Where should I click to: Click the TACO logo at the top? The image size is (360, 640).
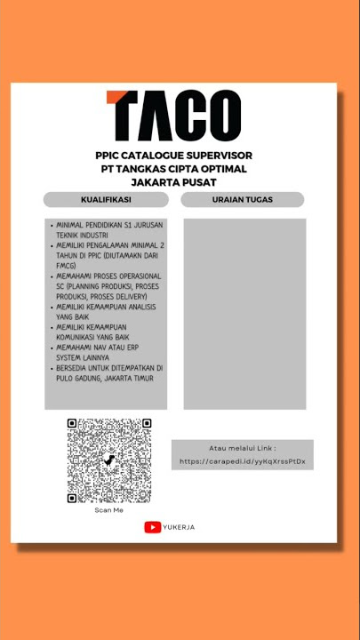pyautogui.click(x=173, y=116)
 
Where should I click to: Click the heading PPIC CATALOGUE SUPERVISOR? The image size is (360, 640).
pyautogui.click(x=174, y=156)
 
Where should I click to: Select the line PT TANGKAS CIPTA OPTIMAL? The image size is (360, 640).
pyautogui.click(x=174, y=169)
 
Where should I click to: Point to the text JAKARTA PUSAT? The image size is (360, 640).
pyautogui.click(x=174, y=182)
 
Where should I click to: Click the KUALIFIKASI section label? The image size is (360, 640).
pyautogui.click(x=106, y=199)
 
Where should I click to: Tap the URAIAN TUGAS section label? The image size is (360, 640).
pyautogui.click(x=243, y=199)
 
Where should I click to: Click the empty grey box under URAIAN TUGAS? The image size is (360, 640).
pyautogui.click(x=244, y=313)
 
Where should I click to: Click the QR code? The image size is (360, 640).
pyautogui.click(x=108, y=460)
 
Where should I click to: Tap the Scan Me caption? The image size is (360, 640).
pyautogui.click(x=108, y=510)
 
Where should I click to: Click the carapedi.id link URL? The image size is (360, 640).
pyautogui.click(x=242, y=461)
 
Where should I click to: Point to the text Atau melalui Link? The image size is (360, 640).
pyautogui.click(x=242, y=448)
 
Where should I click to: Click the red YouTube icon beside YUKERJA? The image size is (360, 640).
pyautogui.click(x=152, y=527)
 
